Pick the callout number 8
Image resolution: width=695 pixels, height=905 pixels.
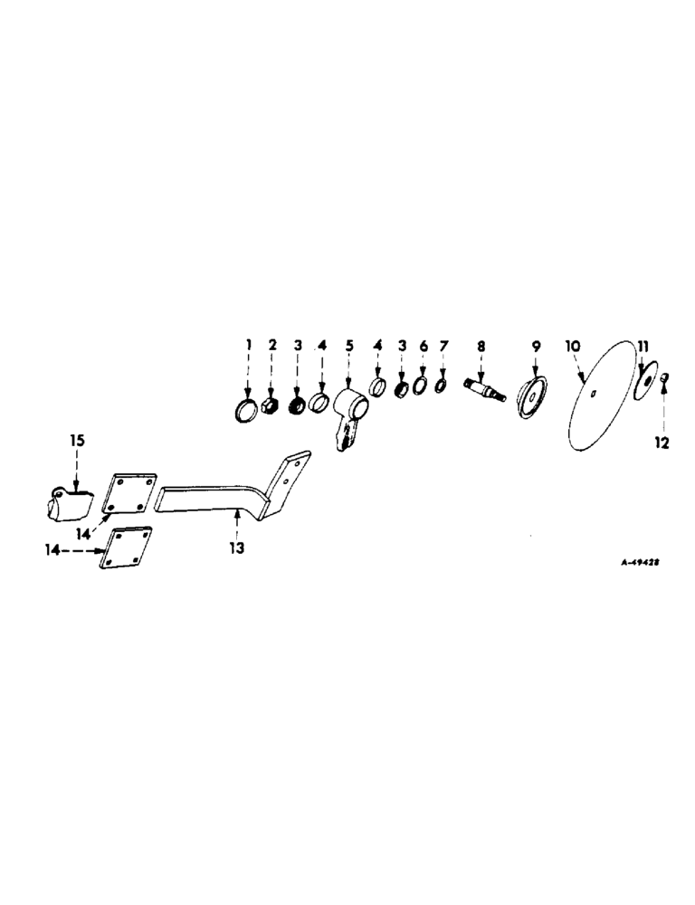pyautogui.click(x=481, y=345)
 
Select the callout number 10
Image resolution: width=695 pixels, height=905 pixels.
pyautogui.click(x=572, y=346)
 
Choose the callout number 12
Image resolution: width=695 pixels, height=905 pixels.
pyautogui.click(x=662, y=443)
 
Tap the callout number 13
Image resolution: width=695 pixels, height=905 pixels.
pyautogui.click(x=238, y=548)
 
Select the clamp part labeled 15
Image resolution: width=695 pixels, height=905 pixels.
pyautogui.click(x=68, y=502)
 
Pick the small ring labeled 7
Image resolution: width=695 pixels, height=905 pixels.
pyautogui.click(x=441, y=386)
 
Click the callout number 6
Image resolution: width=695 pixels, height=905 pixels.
pyautogui.click(x=423, y=346)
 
